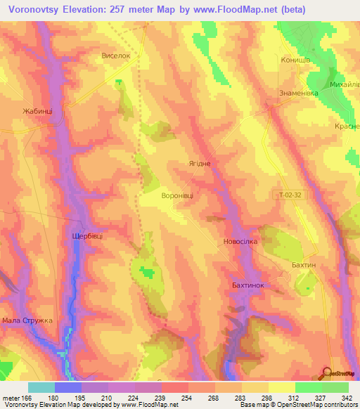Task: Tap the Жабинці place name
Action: [x=27, y=111]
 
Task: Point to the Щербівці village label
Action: [x=87, y=236]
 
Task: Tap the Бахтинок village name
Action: [x=247, y=285]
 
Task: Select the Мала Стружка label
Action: [x=28, y=321]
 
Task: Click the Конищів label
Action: [x=295, y=60]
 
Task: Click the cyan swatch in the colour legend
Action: [x=41, y=387]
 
